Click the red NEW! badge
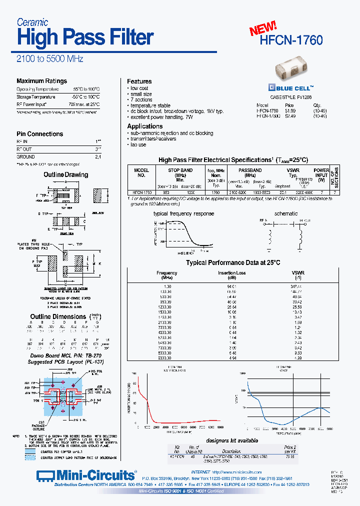click(263, 28)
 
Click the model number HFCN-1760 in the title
click(291, 40)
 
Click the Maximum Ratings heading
click(41, 81)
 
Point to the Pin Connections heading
click(39, 134)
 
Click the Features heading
click(139, 81)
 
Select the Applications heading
click(144, 126)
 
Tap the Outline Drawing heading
click(65, 175)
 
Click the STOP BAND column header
click(180, 170)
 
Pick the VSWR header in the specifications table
click(293, 170)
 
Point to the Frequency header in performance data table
click(166, 273)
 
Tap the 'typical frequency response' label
click(183, 213)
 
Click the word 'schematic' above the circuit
click(286, 213)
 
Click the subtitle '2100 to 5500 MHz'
click(50, 59)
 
